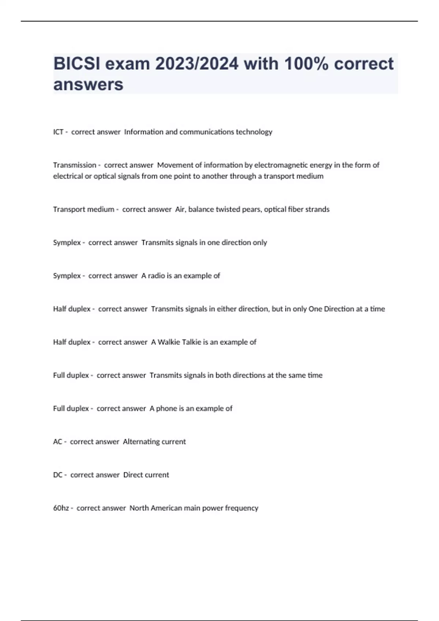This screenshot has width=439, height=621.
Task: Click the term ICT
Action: (x=58, y=132)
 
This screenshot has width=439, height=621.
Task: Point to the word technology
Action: (x=254, y=132)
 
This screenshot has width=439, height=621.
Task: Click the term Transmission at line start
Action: (x=75, y=165)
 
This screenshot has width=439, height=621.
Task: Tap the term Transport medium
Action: (x=84, y=209)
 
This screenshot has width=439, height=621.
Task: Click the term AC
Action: (x=57, y=442)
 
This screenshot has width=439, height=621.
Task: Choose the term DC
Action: (x=58, y=475)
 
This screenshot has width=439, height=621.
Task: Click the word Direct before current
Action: (x=132, y=475)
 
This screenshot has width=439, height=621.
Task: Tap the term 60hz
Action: (x=61, y=508)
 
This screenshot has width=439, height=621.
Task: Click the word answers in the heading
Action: (x=89, y=85)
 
